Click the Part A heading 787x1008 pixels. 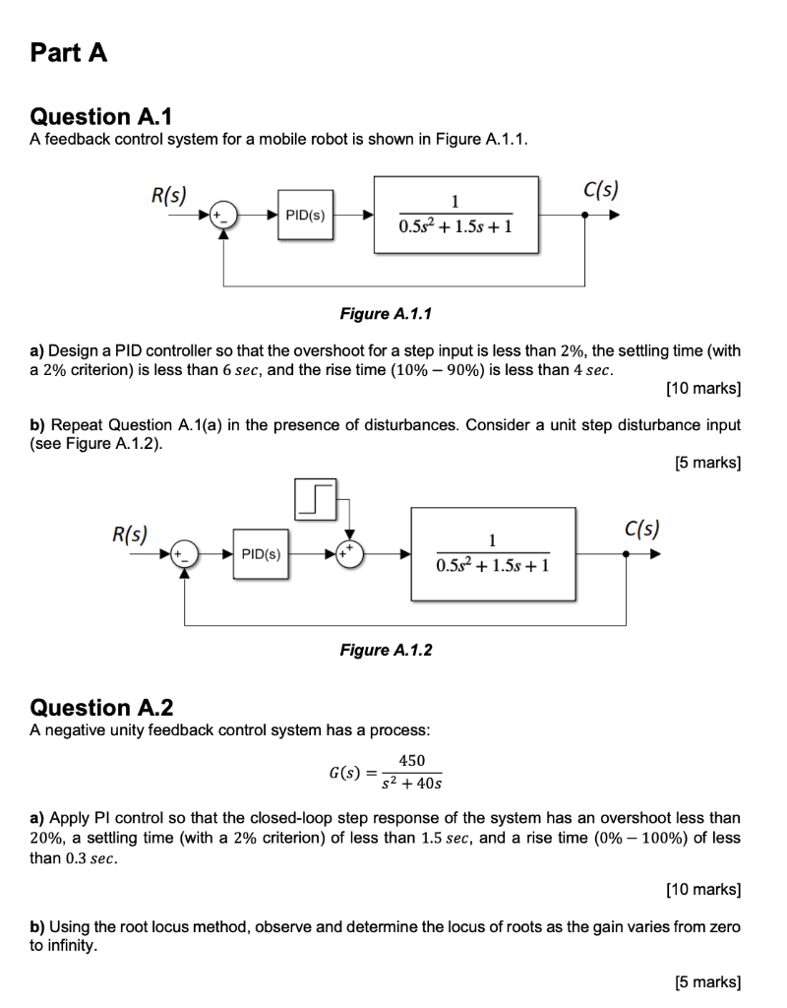69,53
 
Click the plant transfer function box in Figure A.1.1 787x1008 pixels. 455,215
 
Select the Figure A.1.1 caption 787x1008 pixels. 386,313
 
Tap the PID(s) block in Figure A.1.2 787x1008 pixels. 261,554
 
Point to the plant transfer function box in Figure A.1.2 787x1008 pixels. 492,554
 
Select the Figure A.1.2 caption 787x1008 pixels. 386,650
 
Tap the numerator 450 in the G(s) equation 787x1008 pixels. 411,760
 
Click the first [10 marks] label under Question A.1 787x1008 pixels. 703,389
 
